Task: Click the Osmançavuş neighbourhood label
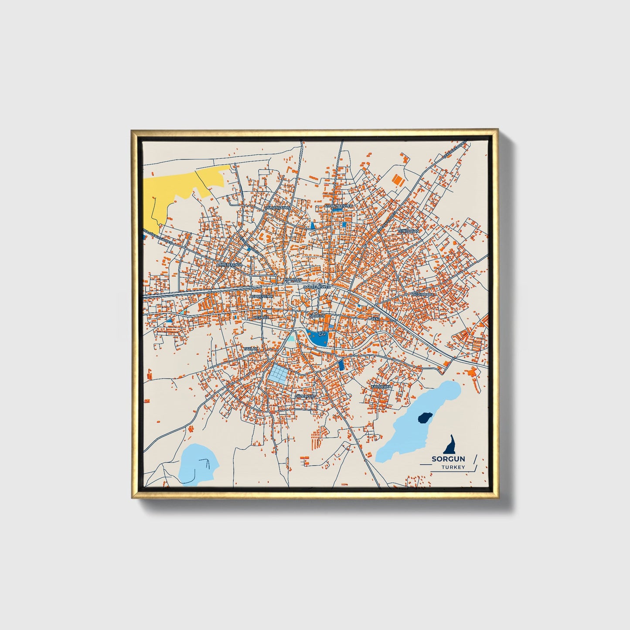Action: point(278,208)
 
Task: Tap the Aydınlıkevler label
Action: point(338,205)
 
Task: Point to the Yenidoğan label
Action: point(408,231)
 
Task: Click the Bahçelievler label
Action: point(317,287)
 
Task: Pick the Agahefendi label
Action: point(261,296)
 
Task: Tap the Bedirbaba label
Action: point(423,294)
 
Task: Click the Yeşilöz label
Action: point(261,317)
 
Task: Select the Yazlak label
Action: point(251,349)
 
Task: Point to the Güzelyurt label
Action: point(305,396)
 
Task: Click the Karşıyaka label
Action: point(381,386)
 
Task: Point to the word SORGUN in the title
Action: point(448,459)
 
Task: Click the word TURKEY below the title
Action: point(453,467)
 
